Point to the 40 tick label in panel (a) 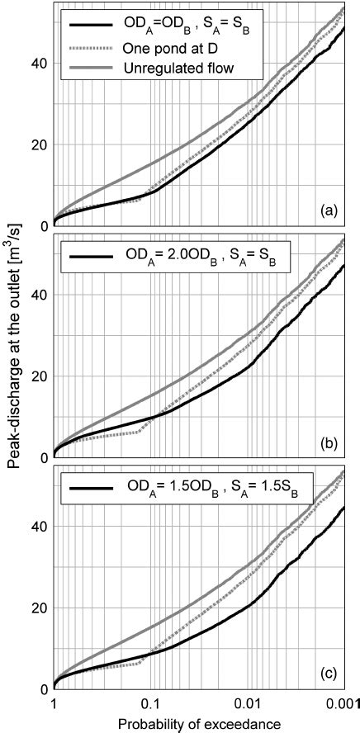[x=38, y=63]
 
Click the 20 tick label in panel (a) [x=38, y=144]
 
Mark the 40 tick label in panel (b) [x=38, y=294]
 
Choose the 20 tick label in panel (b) [x=38, y=376]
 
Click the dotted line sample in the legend [x=88, y=48]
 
